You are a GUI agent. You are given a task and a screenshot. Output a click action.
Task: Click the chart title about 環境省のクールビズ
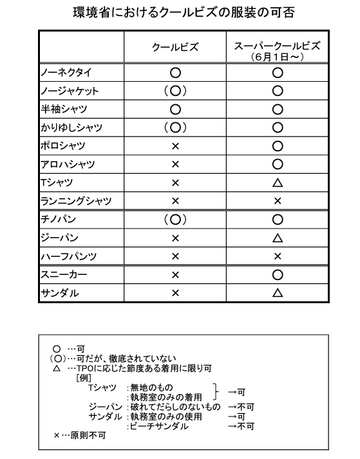point(180,12)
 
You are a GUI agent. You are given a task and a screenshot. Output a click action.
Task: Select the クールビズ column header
point(175,47)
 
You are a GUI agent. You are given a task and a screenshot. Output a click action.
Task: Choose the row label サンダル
point(60,292)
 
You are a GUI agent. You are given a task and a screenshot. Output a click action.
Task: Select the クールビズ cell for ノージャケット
point(175,91)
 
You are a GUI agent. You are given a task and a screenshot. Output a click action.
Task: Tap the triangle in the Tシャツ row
point(278,183)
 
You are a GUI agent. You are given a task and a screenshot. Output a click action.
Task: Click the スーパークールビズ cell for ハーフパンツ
point(278,256)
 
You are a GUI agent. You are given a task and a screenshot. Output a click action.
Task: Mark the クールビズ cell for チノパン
point(175,220)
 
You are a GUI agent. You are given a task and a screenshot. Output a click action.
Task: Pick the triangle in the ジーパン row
point(278,238)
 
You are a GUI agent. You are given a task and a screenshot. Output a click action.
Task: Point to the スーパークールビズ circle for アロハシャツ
point(278,164)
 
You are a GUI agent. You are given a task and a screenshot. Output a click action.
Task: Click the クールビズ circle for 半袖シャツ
point(175,109)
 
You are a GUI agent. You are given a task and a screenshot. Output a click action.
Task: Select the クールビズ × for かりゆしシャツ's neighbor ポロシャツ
point(175,146)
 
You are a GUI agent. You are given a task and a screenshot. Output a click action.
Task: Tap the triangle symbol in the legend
point(57,368)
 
